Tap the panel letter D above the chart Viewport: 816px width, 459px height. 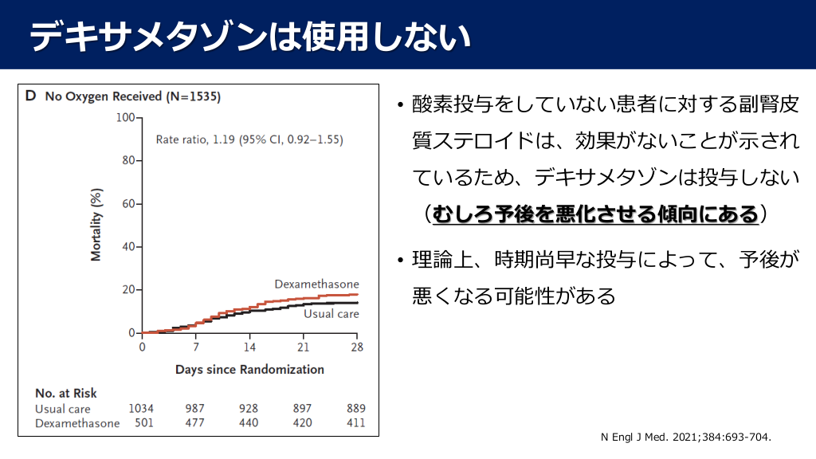[x=31, y=96]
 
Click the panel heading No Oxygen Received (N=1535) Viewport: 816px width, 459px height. [x=132, y=97]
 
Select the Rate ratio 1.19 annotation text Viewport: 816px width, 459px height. [x=249, y=139]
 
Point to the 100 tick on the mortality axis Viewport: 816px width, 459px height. [x=125, y=118]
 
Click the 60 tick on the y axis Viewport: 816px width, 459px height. [x=128, y=204]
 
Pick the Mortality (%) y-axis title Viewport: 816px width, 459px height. [x=96, y=226]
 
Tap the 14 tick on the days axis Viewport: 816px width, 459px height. [x=249, y=347]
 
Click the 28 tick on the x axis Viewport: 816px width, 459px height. [x=357, y=347]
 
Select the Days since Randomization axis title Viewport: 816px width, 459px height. [x=249, y=370]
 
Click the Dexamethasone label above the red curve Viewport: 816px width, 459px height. [x=316, y=284]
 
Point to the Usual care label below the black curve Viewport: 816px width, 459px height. [x=331, y=314]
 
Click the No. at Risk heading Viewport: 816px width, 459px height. [x=66, y=393]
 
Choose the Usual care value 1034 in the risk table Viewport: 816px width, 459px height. [x=141, y=409]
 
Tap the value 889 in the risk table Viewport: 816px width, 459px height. [x=355, y=409]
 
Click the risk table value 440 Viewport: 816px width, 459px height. [x=249, y=423]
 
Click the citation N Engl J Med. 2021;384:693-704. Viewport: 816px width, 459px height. [x=686, y=437]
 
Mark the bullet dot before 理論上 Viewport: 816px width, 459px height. [x=400, y=260]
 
